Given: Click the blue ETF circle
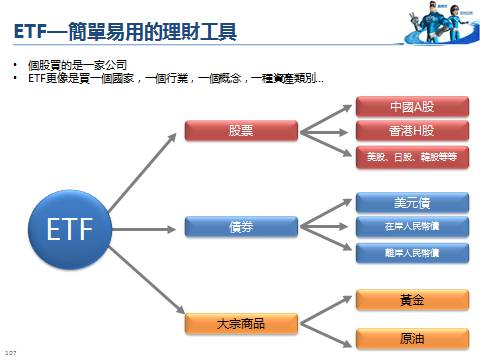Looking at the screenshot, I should point(70,228).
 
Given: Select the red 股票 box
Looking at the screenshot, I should point(243,130).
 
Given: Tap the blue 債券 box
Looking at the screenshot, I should point(243,227).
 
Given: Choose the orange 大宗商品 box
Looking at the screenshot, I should point(243,324).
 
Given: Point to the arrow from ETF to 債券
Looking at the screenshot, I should point(146,227).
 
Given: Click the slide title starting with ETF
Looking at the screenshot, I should point(125,33).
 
